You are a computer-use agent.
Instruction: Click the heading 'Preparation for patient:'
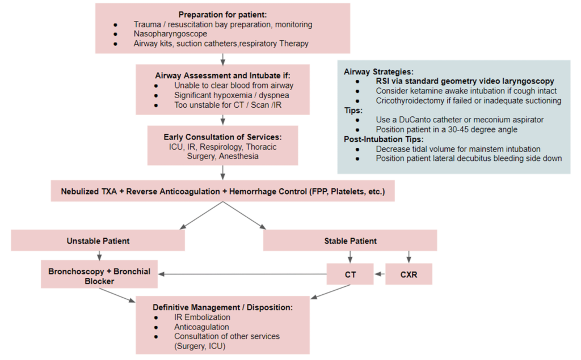point(223,14)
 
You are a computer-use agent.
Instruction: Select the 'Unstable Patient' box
point(98,241)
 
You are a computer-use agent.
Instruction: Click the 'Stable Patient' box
point(350,241)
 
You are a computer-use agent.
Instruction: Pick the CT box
point(350,274)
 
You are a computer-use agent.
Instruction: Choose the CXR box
point(409,274)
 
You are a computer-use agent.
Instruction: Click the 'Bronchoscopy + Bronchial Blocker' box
point(100,276)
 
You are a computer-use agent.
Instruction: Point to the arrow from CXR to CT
point(380,274)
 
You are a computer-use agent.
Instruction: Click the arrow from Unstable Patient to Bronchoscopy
point(100,255)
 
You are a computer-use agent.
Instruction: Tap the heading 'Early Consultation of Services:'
point(222,137)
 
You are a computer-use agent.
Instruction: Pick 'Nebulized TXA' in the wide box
point(90,192)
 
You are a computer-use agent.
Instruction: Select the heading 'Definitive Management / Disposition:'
point(222,307)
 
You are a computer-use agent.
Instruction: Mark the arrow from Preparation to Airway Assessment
point(222,58)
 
